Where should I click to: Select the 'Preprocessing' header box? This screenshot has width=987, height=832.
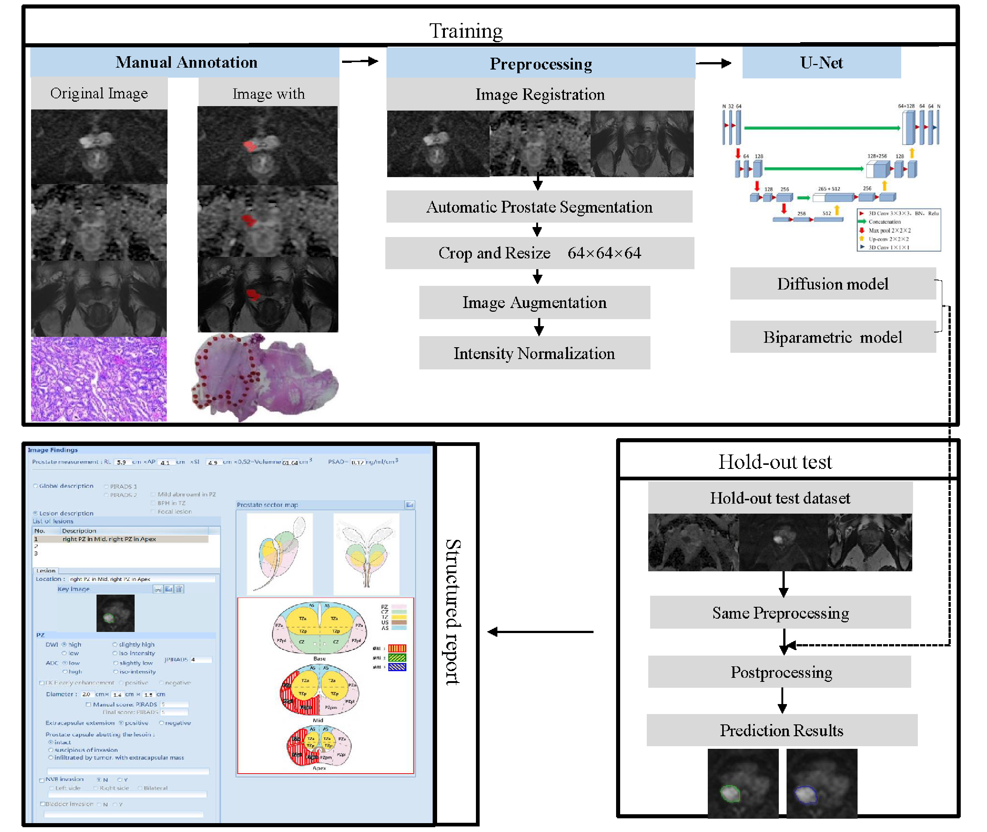point(540,63)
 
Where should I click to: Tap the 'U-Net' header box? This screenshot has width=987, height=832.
point(821,63)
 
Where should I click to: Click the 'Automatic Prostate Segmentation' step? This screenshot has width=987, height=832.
point(539,207)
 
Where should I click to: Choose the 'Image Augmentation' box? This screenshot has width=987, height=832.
point(534,303)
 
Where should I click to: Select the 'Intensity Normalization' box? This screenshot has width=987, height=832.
point(534,353)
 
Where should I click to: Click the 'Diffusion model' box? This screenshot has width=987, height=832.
point(832,284)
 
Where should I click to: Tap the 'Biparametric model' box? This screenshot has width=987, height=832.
point(832,337)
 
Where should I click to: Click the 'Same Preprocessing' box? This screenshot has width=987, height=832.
point(780,613)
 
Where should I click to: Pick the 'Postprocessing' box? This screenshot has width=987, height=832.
point(780,672)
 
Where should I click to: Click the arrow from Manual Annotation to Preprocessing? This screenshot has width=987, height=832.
point(359,61)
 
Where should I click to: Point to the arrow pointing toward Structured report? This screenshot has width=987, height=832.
point(540,632)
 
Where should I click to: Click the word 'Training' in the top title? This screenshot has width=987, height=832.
point(466,31)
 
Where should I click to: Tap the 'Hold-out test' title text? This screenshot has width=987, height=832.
point(775,462)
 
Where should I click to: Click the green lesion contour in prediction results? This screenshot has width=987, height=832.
point(730,794)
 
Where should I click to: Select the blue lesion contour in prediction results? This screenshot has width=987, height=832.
point(805,795)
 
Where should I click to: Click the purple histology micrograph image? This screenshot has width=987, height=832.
point(99,379)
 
